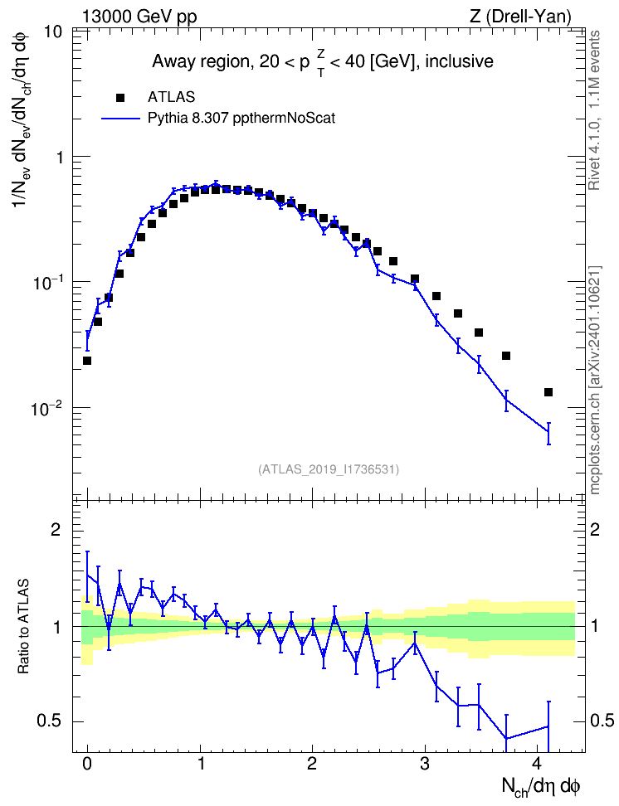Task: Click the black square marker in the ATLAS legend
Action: (120, 98)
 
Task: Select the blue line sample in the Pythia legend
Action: (120, 119)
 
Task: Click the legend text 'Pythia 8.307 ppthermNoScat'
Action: (241, 119)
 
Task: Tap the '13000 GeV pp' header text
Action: (139, 17)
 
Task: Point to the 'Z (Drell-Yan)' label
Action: (520, 17)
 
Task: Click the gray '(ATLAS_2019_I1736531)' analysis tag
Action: (329, 469)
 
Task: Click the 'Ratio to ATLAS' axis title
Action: (23, 627)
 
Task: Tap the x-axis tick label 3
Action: (425, 764)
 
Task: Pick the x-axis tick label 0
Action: (87, 764)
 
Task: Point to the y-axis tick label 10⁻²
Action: (46, 409)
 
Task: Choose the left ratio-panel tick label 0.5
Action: (50, 721)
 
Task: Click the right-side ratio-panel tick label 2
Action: (595, 529)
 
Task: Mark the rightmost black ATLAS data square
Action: (548, 393)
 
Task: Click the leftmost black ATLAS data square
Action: (87, 361)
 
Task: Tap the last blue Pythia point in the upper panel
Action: (548, 430)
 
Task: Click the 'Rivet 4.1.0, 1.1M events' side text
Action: (594, 110)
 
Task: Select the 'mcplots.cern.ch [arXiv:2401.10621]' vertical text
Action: (594, 380)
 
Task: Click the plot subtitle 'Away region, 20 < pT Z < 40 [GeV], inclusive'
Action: (323, 62)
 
